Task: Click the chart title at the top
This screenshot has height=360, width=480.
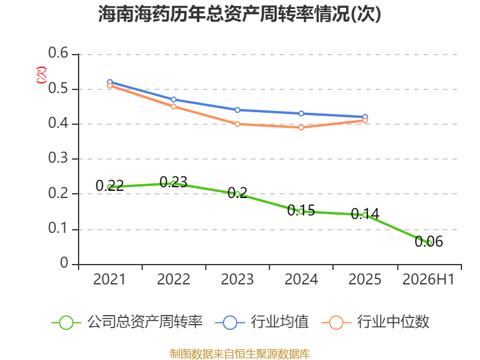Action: (239, 14)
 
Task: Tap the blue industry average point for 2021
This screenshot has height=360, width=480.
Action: (110, 82)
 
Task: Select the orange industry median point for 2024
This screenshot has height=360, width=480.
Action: (301, 127)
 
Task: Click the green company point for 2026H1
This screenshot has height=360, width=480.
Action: (429, 243)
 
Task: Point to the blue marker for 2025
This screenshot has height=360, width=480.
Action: (365, 117)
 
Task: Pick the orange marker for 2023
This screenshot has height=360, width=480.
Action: (238, 124)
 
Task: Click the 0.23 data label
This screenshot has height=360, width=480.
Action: (173, 182)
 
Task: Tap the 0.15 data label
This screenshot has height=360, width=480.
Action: (301, 211)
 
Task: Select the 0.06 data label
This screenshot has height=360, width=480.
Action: (429, 242)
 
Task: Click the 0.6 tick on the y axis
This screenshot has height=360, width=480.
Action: (58, 53)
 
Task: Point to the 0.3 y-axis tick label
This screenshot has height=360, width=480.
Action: (58, 158)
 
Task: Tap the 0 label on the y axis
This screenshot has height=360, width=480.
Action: (64, 263)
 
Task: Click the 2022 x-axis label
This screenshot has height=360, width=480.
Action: (173, 280)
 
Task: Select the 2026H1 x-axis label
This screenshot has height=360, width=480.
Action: (428, 280)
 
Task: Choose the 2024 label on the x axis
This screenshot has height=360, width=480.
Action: (301, 280)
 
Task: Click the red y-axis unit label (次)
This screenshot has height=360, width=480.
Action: (41, 75)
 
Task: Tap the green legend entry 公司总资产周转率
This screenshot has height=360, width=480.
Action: (127, 322)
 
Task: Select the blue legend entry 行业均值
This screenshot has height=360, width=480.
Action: (262, 322)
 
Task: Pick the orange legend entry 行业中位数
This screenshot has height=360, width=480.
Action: (376, 322)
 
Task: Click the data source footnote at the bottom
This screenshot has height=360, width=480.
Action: (240, 354)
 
